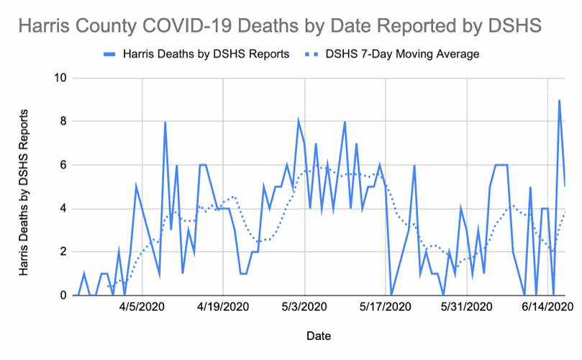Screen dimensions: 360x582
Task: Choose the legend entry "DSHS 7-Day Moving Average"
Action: (402, 54)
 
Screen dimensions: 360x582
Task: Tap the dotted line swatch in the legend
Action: (310, 54)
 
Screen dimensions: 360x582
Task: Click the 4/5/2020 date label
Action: (142, 307)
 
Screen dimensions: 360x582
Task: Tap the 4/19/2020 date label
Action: (223, 307)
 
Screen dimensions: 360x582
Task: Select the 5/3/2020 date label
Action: (304, 307)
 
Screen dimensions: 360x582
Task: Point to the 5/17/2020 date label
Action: (386, 307)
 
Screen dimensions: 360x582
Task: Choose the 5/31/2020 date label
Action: (467, 307)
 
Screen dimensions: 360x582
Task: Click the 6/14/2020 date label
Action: (548, 307)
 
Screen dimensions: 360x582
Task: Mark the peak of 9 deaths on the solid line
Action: (559, 101)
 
